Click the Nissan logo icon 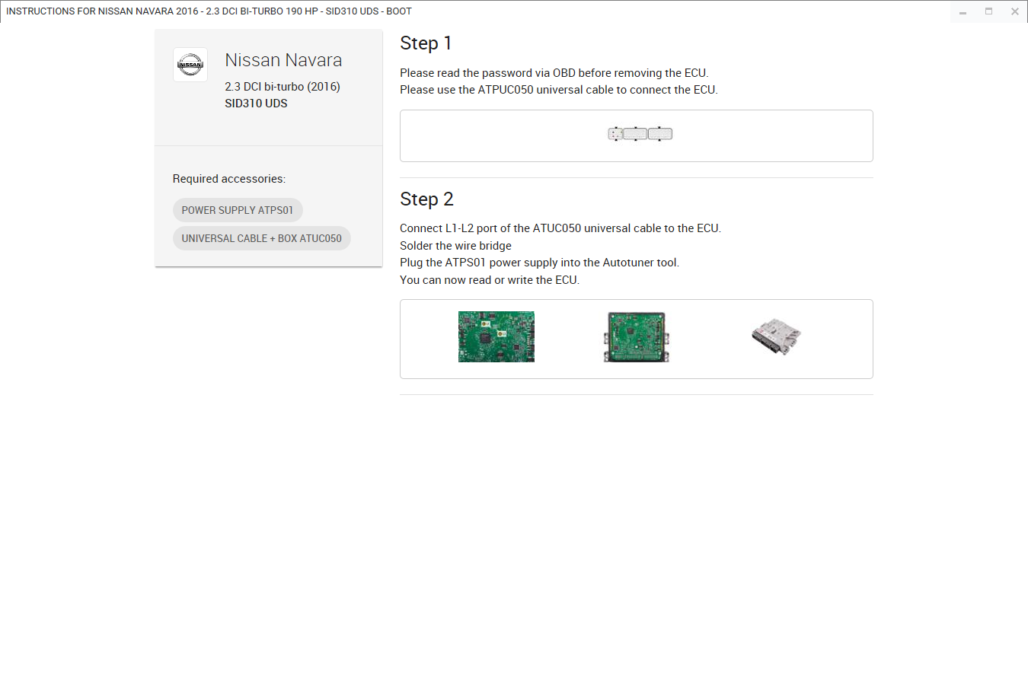190,65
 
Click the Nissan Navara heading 283,60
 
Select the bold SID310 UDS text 256,104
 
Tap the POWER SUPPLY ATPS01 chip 238,210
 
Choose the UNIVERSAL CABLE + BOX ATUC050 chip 262,238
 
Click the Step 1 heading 426,43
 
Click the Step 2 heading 426,199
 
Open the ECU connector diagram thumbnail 640,134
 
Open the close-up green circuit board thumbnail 496,336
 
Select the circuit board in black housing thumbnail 636,337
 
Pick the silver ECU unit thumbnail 776,336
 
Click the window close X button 1015,11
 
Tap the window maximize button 988,11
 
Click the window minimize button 963,11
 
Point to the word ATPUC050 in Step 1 506,90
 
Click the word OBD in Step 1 564,73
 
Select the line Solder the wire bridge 455,246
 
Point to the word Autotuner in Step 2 627,263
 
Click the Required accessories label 229,178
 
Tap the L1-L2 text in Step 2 459,228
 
